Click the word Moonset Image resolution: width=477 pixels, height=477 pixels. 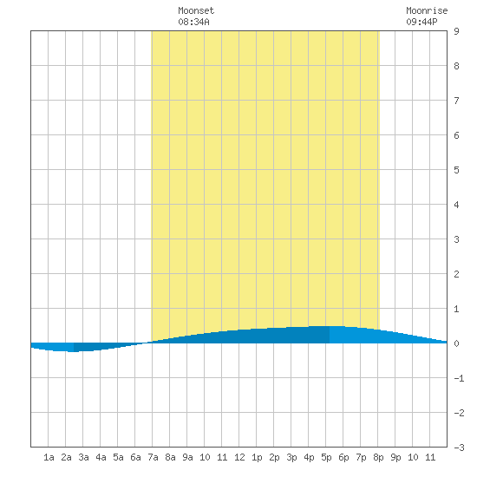(x=196, y=10)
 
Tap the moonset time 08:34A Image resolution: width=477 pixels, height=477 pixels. (x=193, y=22)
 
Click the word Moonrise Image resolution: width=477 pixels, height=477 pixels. (x=427, y=10)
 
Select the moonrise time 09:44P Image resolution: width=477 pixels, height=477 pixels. (x=421, y=22)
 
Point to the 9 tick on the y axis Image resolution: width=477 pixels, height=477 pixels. (x=456, y=31)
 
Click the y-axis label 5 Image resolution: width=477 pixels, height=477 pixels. (x=456, y=170)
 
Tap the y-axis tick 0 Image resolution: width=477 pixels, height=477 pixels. (x=456, y=343)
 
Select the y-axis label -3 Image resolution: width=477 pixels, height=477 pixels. (x=459, y=448)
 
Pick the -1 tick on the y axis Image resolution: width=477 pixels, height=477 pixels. (x=459, y=378)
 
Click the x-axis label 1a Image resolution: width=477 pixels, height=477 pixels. (x=49, y=457)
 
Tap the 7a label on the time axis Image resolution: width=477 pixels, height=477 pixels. (x=153, y=457)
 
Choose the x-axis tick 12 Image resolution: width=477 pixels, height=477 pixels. (x=239, y=457)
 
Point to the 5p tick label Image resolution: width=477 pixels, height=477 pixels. (x=326, y=457)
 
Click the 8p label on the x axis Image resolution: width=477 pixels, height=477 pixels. (x=378, y=457)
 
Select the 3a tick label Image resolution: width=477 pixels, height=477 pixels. (x=83, y=457)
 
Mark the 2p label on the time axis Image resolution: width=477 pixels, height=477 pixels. (x=274, y=457)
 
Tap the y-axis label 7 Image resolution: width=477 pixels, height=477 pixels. (x=456, y=101)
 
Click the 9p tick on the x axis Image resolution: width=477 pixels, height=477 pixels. (x=395, y=457)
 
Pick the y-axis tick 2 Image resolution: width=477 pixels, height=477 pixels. (x=456, y=274)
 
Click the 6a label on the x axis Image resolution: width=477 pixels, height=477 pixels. (x=135, y=457)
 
